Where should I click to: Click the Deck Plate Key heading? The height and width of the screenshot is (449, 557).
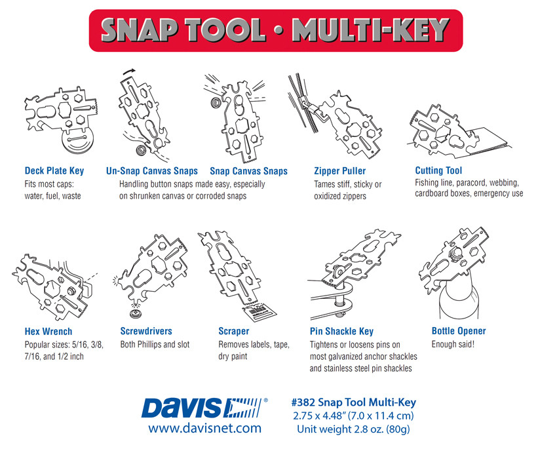tap(54, 171)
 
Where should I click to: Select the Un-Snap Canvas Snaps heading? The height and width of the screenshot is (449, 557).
tap(152, 171)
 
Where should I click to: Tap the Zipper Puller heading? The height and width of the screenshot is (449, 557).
tap(340, 171)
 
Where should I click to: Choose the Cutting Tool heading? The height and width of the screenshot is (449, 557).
tap(438, 170)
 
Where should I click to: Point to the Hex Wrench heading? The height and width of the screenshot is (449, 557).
tap(48, 332)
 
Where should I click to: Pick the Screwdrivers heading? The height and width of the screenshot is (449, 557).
tap(146, 331)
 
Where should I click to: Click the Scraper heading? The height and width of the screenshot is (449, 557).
tap(234, 331)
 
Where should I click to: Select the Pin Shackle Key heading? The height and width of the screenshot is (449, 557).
tap(341, 332)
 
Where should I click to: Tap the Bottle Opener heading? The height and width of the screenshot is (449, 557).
tap(459, 331)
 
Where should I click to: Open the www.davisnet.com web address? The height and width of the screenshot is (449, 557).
tap(204, 428)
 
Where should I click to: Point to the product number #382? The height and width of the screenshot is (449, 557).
tap(303, 402)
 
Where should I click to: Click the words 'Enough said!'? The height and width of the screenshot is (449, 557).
tap(453, 344)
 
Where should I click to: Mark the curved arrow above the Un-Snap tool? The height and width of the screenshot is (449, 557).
tap(129, 71)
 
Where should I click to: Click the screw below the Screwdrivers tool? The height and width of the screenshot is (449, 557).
tap(136, 313)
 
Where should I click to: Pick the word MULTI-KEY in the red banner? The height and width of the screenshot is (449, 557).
tap(371, 30)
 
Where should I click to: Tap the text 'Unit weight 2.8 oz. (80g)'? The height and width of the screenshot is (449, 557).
tap(353, 429)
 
